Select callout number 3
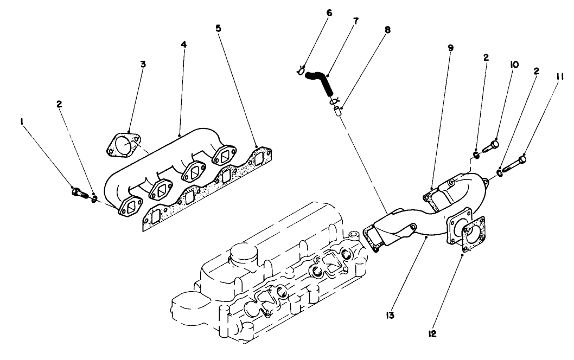[143, 64]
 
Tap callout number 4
[184, 43]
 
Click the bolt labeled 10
[492, 146]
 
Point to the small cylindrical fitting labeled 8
[337, 112]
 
